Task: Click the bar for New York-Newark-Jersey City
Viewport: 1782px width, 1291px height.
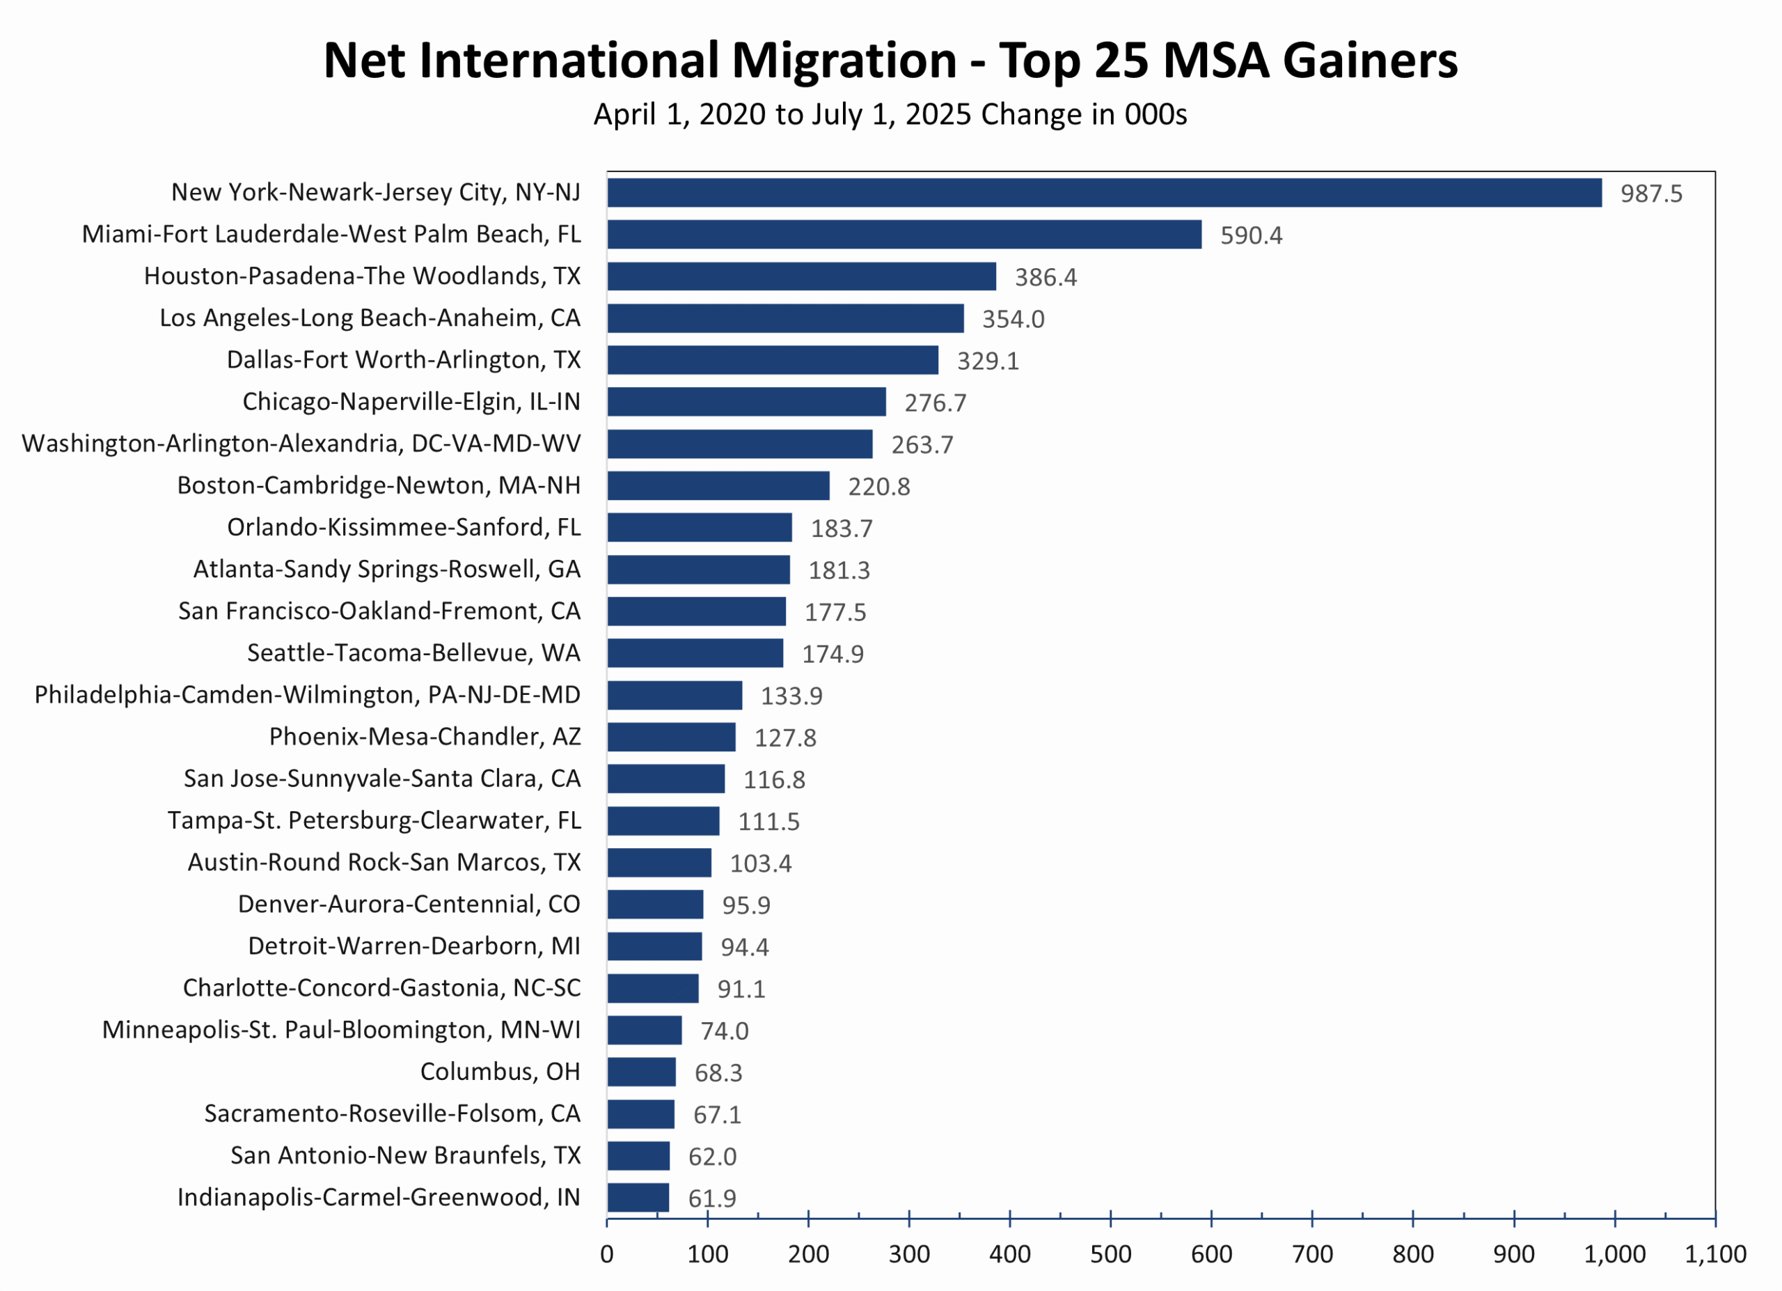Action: click(x=1104, y=192)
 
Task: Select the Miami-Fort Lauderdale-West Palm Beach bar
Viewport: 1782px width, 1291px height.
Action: click(x=904, y=234)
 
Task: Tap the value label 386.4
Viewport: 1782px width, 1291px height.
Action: click(x=1045, y=277)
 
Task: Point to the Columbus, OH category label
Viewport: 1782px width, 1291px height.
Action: click(x=500, y=1072)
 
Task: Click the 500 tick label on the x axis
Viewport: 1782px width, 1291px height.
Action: click(x=1110, y=1254)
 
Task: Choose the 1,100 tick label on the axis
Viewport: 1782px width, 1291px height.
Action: click(x=1714, y=1254)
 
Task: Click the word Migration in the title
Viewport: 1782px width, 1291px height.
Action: click(x=844, y=61)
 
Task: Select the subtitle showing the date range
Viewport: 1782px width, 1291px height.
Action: click(x=890, y=115)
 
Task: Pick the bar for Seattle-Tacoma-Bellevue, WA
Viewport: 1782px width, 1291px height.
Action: click(x=695, y=653)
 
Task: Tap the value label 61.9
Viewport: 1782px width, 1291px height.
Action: click(x=712, y=1198)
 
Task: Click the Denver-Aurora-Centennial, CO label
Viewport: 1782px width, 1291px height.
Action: click(x=409, y=905)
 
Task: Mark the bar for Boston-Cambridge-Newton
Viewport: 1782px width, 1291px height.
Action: click(x=718, y=485)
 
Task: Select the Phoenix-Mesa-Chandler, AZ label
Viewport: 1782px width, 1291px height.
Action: click(x=425, y=737)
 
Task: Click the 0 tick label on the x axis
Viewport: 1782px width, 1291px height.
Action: click(x=606, y=1254)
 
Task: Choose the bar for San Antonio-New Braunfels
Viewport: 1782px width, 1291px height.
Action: click(x=638, y=1156)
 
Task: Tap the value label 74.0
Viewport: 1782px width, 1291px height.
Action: click(x=724, y=1031)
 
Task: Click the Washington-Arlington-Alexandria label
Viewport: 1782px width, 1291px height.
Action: click(x=301, y=444)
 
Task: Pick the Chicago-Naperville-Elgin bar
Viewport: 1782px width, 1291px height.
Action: click(x=746, y=402)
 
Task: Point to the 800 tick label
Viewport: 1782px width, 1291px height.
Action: click(x=1412, y=1254)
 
